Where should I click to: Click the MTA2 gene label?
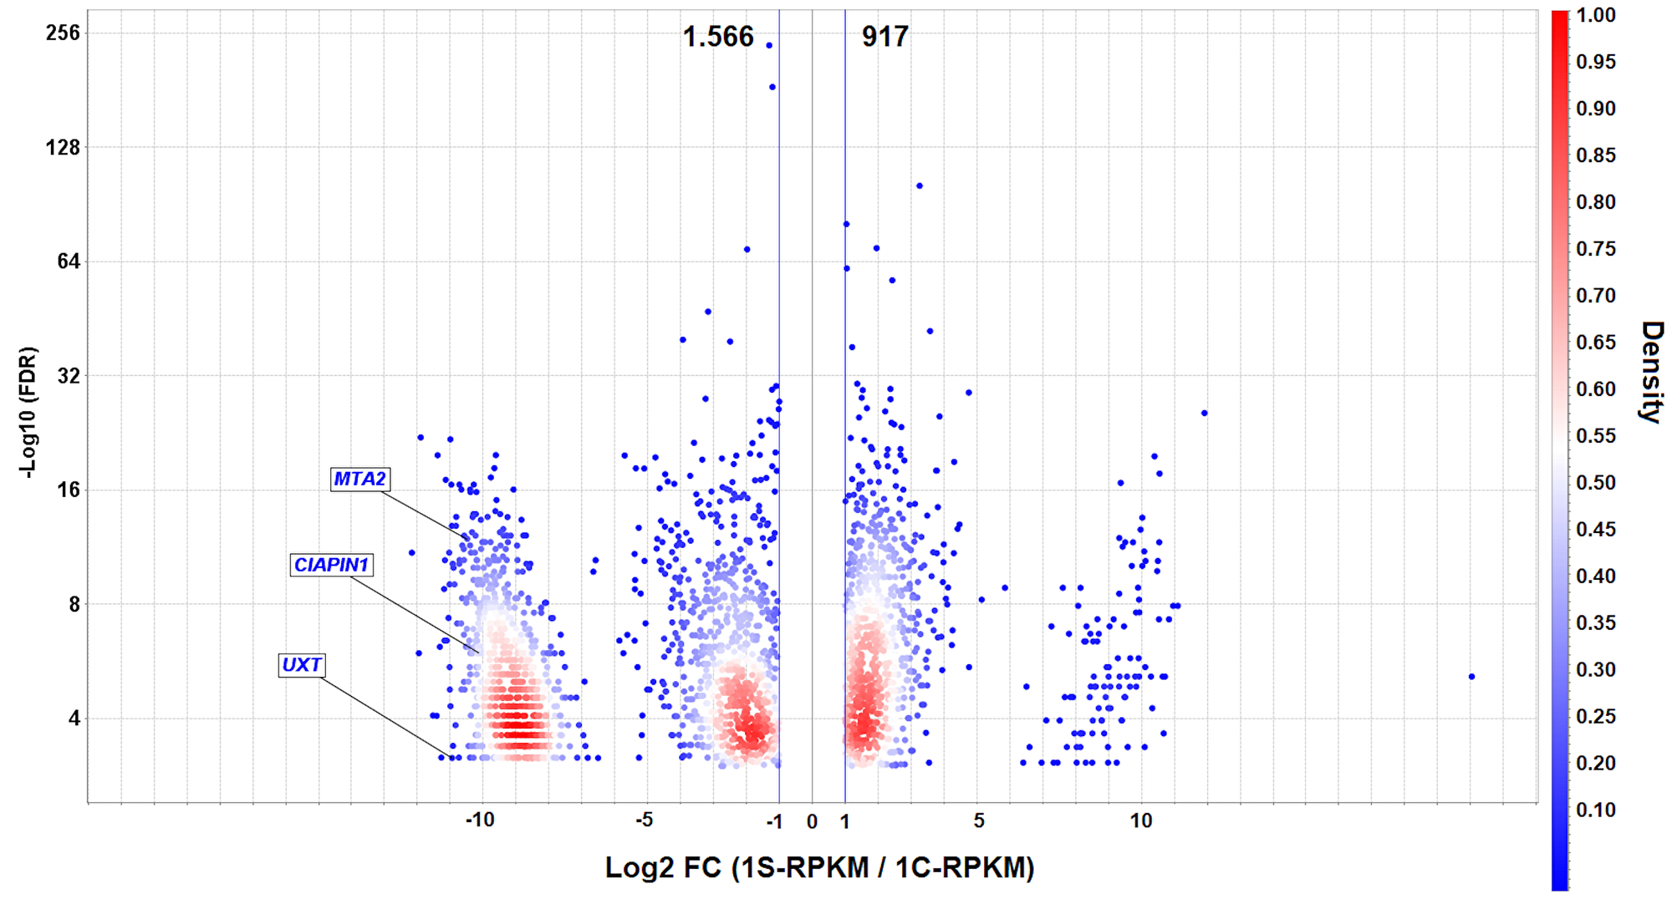coord(359,479)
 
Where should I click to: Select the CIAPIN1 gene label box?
coord(331,565)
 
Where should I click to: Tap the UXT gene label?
coord(301,665)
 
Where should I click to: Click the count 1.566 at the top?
coord(718,37)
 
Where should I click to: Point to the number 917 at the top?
coord(884,37)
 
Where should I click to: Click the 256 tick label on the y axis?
coord(63,33)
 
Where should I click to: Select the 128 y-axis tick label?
coord(63,148)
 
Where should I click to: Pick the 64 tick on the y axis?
coord(67,262)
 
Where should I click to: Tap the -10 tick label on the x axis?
coord(480,820)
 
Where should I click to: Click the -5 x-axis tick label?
coord(644,820)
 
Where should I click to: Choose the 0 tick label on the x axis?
coord(812,822)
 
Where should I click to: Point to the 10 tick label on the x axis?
coord(1141,821)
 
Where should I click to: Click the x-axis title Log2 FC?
coord(819,868)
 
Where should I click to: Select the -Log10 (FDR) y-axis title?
coord(28,412)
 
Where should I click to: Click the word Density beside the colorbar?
coord(1651,372)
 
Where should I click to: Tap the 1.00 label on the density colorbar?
coord(1596,15)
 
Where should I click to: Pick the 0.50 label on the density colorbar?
coord(1596,483)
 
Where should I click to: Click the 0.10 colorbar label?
coord(1596,810)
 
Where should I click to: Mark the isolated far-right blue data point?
coord(1471,677)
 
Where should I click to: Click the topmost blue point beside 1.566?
coord(769,45)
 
